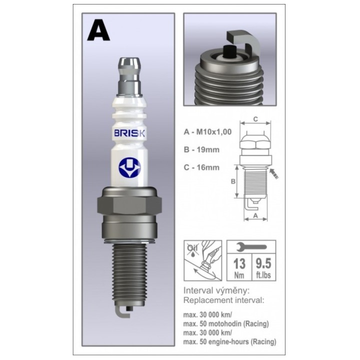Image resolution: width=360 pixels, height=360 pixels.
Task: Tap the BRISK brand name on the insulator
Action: [129, 133]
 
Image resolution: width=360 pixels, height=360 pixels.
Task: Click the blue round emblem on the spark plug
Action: [129, 167]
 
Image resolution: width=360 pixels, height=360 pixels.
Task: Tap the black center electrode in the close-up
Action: [230, 51]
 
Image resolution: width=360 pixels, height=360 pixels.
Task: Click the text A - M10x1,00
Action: [207, 132]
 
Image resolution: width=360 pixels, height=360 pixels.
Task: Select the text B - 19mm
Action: [201, 149]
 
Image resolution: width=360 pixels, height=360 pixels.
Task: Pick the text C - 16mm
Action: [201, 167]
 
